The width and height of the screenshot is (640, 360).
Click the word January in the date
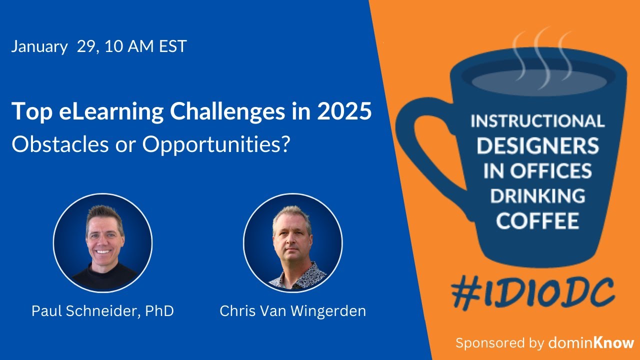coord(39,46)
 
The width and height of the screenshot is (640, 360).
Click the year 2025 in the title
coord(344,111)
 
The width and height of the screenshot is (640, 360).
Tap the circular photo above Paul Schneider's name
coord(102,243)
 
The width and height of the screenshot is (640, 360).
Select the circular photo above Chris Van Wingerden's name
coord(292,243)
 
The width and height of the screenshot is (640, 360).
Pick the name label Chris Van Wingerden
coord(292,311)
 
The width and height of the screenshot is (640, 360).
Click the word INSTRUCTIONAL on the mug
coord(537,121)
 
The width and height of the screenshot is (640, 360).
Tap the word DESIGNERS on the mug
coord(537,145)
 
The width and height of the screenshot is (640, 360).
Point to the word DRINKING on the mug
coord(537,195)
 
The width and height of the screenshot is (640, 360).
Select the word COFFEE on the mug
coord(537,220)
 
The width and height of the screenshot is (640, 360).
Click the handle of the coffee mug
coord(420,145)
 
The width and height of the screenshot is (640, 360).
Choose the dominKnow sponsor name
coord(591,343)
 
